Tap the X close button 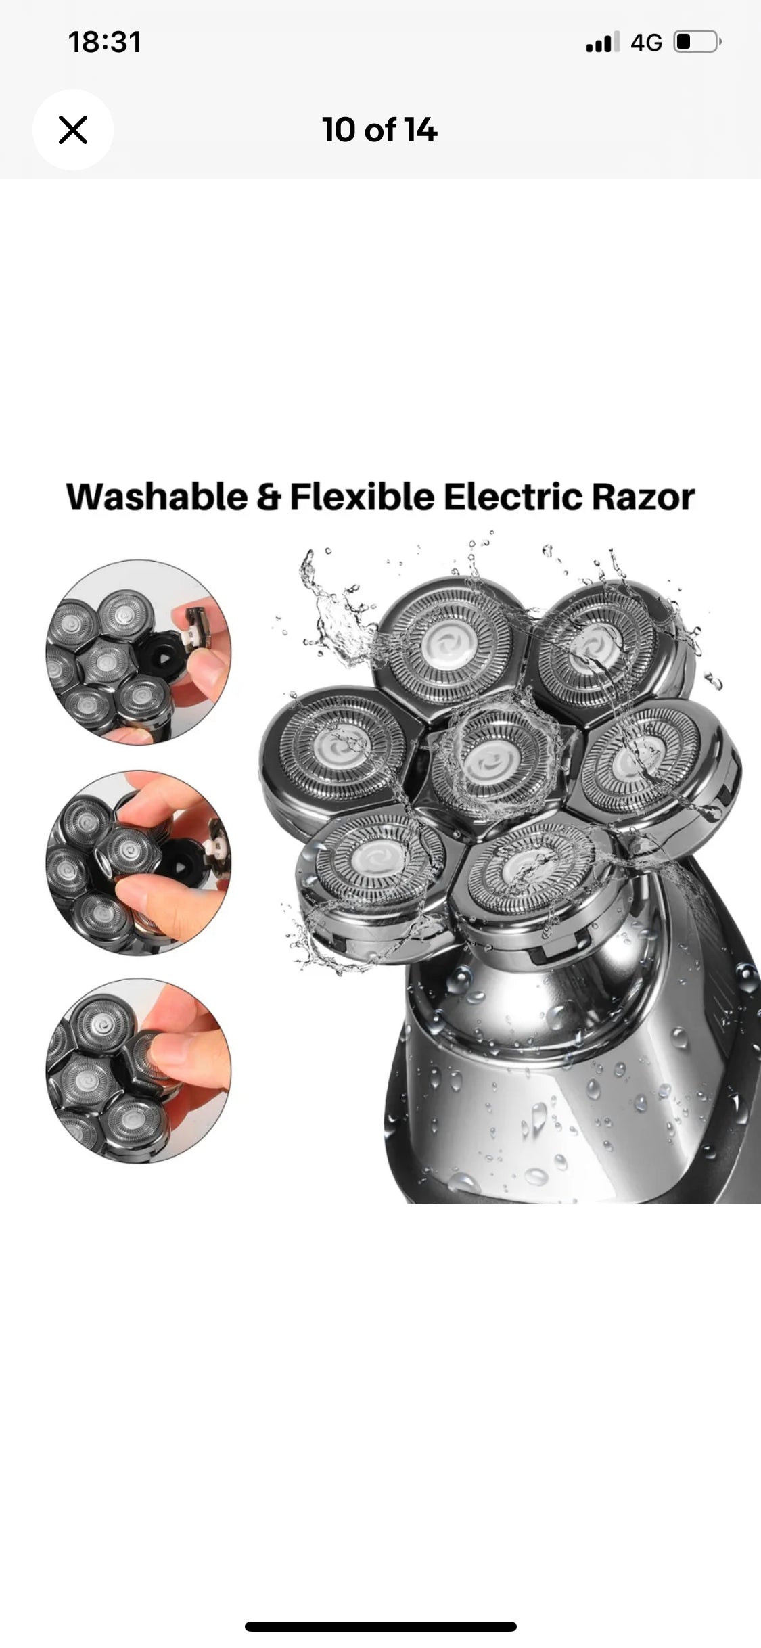tap(73, 130)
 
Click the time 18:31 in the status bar tap(105, 42)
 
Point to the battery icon tap(697, 42)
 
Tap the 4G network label tap(646, 43)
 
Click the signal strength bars tap(603, 42)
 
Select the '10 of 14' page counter tap(379, 130)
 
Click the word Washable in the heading tap(157, 497)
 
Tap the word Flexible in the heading tap(362, 497)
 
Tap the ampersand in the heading tap(269, 498)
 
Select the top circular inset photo tap(139, 652)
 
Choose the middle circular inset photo tap(139, 863)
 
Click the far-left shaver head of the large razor tap(338, 744)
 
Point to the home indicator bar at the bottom tap(380, 1626)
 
